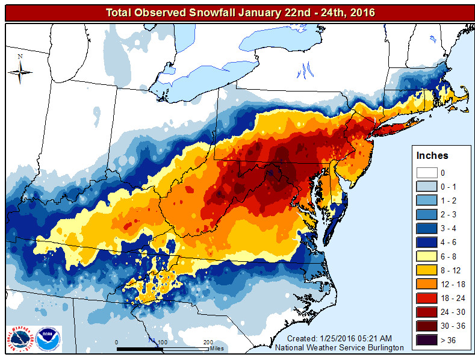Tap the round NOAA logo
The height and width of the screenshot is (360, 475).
pos(48,339)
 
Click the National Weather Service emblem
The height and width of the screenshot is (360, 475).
pos(20,339)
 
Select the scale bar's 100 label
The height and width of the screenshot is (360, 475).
pos(162,342)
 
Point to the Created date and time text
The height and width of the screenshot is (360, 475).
pos(340,339)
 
